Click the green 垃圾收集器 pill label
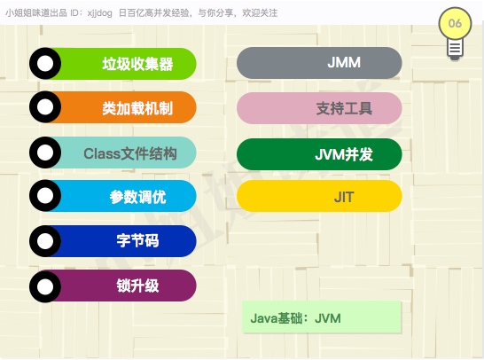coord(137,64)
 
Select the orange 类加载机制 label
coord(137,108)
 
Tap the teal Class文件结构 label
coord(130,153)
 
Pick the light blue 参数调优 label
coord(137,197)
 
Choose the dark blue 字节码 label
coord(137,241)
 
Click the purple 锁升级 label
coord(137,286)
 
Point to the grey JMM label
coord(344,62)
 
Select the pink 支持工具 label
coord(344,108)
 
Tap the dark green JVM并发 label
coord(344,154)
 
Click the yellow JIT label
coord(344,197)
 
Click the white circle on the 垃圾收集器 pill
coord(45,64)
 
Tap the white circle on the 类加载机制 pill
coord(45,106)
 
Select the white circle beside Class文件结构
coord(45,153)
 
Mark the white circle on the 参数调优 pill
coord(45,195)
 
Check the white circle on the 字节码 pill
coord(45,241)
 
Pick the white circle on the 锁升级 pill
coord(45,286)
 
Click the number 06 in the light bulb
coord(455,23)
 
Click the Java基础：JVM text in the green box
coord(295,318)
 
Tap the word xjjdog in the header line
coord(99,13)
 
